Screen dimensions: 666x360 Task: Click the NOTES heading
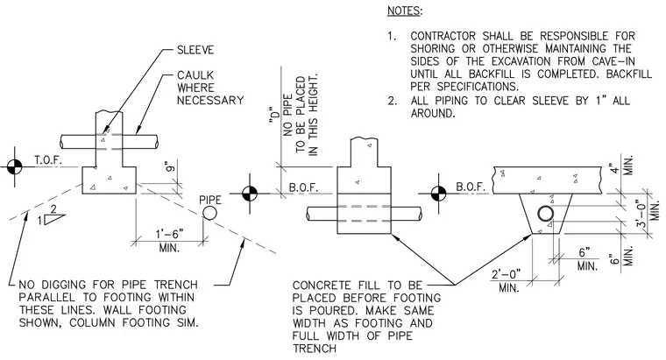[404, 11]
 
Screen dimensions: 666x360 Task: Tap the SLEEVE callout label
[195, 50]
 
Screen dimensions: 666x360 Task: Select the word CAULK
[195, 75]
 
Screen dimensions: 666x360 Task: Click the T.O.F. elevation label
[48, 160]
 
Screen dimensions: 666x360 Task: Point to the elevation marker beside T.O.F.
[14, 166]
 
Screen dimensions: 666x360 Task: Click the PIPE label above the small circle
[210, 200]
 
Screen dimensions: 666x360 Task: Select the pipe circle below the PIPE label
[209, 213]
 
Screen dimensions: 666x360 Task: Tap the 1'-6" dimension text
[169, 234]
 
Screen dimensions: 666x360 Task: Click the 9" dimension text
[170, 166]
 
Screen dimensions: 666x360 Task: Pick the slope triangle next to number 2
[53, 219]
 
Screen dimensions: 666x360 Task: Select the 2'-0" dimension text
[506, 274]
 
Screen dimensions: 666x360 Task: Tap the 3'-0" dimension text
[641, 215]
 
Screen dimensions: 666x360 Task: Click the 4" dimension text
[613, 168]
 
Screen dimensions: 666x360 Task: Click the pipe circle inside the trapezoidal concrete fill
[546, 214]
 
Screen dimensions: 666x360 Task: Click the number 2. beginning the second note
[392, 101]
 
